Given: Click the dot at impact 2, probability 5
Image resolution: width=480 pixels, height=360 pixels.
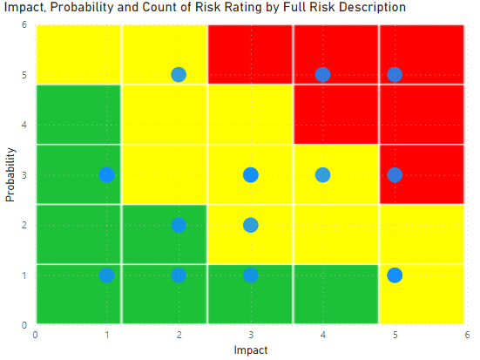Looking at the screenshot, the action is [x=179, y=74].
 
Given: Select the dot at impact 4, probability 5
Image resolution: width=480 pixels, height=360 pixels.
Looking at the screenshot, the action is [x=322, y=74].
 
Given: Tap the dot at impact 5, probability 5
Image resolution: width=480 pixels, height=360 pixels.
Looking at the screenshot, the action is [x=395, y=74].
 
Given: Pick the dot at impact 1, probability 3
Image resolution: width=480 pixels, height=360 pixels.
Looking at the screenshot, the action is [x=107, y=175].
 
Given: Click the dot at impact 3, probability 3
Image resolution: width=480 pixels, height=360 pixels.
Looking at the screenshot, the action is [x=251, y=175].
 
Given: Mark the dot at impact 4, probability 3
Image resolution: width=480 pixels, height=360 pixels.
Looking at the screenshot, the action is [x=322, y=175].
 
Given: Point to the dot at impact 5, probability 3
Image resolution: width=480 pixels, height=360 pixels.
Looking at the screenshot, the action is [x=395, y=175].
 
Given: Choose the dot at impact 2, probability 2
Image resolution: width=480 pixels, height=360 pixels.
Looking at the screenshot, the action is [x=179, y=225].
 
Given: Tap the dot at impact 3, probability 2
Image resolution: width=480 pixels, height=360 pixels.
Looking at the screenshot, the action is [x=251, y=225].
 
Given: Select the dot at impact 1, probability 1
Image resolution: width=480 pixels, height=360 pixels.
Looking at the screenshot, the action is [x=107, y=275].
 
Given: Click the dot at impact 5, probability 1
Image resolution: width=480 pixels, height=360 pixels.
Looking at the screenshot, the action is [x=395, y=275].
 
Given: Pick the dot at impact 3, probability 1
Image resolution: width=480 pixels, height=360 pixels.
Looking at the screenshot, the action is [x=251, y=275].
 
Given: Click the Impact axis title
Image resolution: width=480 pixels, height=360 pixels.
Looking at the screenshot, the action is [x=251, y=350].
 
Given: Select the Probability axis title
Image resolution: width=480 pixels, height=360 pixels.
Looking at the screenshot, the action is [x=10, y=174].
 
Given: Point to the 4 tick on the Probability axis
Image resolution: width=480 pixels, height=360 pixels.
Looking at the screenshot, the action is [x=24, y=125].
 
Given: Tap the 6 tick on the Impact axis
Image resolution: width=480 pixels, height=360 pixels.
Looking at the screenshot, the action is [x=467, y=335].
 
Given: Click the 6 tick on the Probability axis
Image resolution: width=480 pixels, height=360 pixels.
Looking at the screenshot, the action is [x=24, y=24].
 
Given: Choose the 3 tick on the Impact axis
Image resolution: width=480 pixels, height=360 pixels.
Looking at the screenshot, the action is [x=251, y=335].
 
